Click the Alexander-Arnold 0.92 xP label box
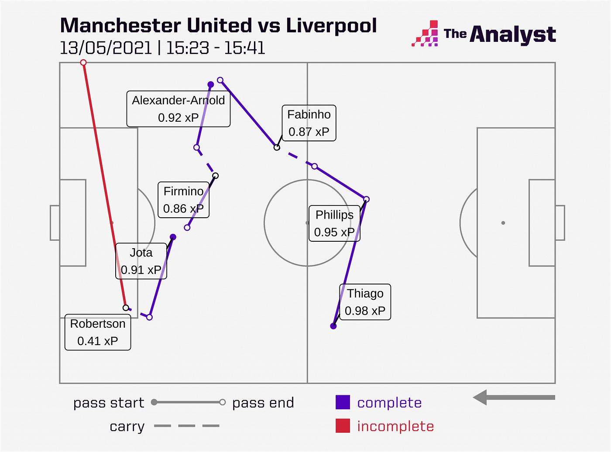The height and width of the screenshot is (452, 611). pyautogui.click(x=178, y=109)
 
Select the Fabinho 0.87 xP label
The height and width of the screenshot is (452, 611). pyautogui.click(x=309, y=123)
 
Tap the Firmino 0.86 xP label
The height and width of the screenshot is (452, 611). pyautogui.click(x=183, y=200)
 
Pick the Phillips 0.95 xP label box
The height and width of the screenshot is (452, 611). pyautogui.click(x=334, y=223)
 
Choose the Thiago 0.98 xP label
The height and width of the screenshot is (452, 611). pyautogui.click(x=365, y=302)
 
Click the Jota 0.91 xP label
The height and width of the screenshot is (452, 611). pyautogui.click(x=141, y=261)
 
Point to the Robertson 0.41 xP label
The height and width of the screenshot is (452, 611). pyautogui.click(x=98, y=332)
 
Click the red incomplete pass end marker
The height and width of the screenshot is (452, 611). pyautogui.click(x=83, y=62)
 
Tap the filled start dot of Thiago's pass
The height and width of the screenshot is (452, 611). pyautogui.click(x=333, y=326)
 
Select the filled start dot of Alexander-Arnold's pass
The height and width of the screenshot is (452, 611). pyautogui.click(x=211, y=84)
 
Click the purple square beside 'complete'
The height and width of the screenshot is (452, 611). pyautogui.click(x=343, y=402)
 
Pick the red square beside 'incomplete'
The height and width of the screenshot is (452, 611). pyautogui.click(x=343, y=425)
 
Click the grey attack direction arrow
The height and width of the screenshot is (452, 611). pyautogui.click(x=514, y=397)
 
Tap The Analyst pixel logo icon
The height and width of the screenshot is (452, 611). pyautogui.click(x=425, y=33)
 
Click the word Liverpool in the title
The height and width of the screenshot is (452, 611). pyautogui.click(x=331, y=26)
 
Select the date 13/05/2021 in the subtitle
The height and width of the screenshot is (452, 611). pyautogui.click(x=106, y=48)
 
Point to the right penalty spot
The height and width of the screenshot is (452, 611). pyautogui.click(x=503, y=223)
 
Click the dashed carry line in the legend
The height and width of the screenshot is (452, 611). pyautogui.click(x=186, y=425)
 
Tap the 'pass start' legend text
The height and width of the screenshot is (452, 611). pyautogui.click(x=109, y=403)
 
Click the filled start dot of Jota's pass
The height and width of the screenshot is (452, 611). pyautogui.click(x=173, y=236)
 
